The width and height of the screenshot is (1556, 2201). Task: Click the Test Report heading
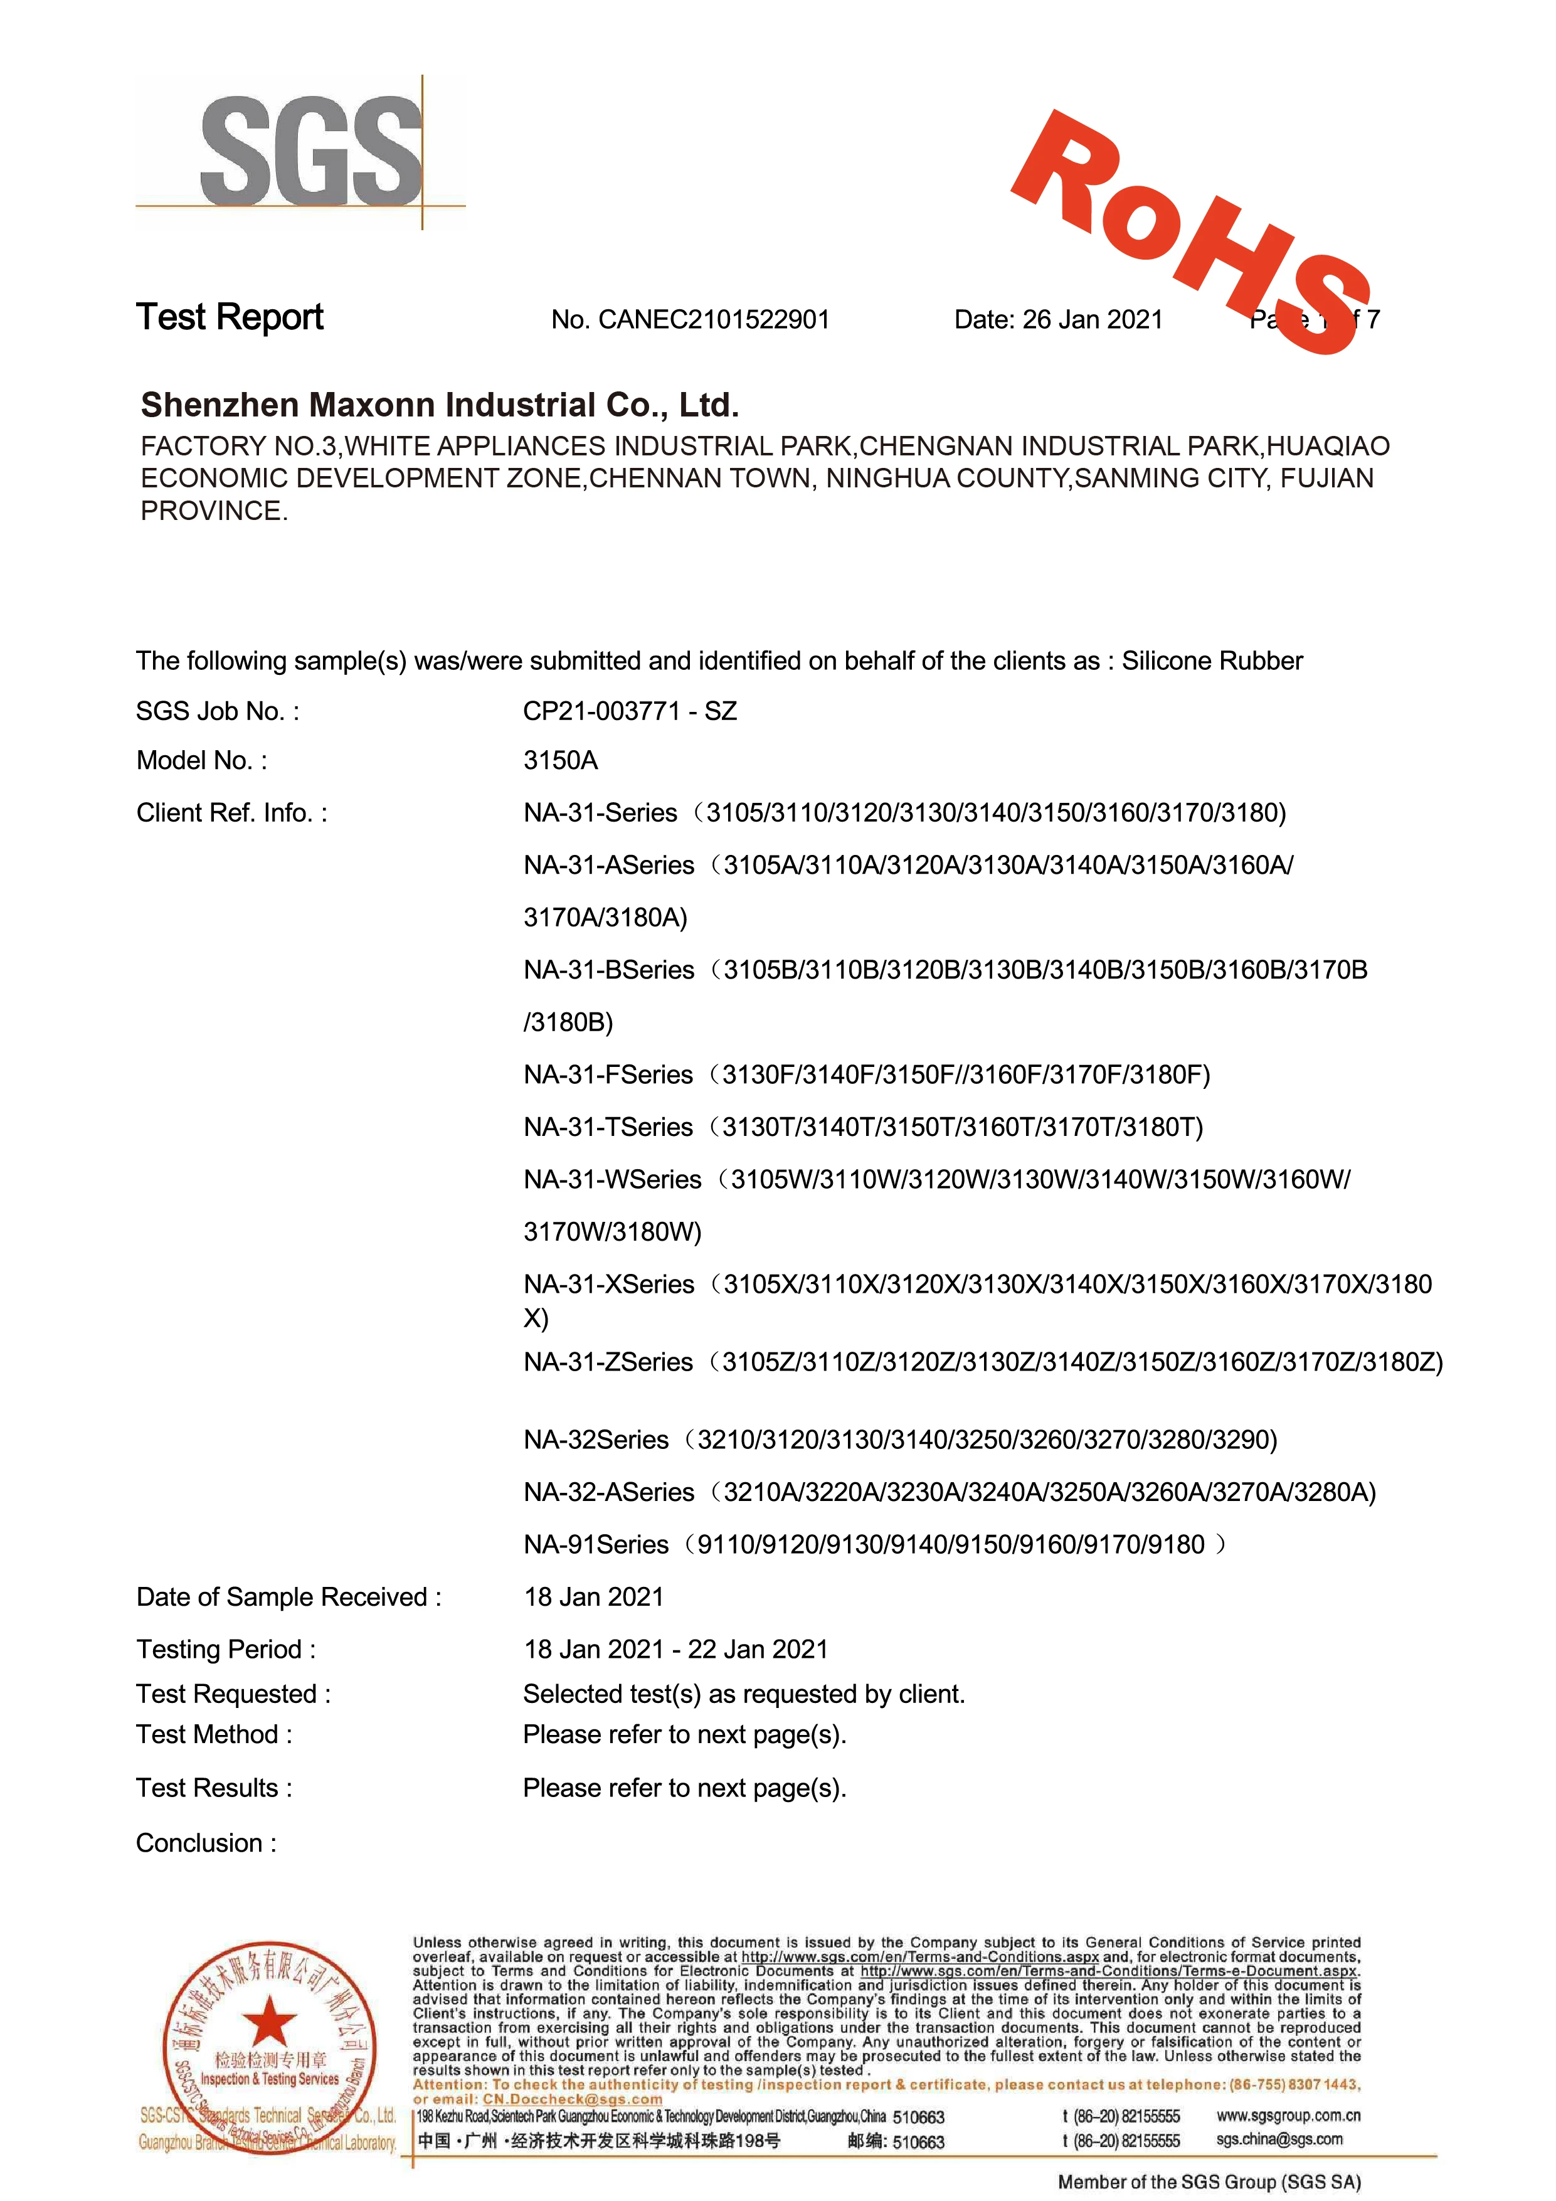click(x=230, y=317)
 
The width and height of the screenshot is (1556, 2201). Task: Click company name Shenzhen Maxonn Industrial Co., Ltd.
click(x=440, y=405)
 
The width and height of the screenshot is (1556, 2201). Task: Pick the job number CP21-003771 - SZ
click(x=630, y=711)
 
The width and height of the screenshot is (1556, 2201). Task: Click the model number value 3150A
click(x=561, y=760)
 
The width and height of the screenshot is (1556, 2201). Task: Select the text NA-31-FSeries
click(x=608, y=1074)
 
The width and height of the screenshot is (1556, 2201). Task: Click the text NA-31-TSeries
click(x=608, y=1127)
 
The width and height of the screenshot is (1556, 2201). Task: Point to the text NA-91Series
click(x=596, y=1544)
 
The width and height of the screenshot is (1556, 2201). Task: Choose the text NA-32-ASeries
click(x=609, y=1493)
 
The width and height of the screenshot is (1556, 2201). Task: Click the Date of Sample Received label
click(x=288, y=1597)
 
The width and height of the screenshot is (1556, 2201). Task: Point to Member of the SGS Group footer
click(x=1209, y=2182)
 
